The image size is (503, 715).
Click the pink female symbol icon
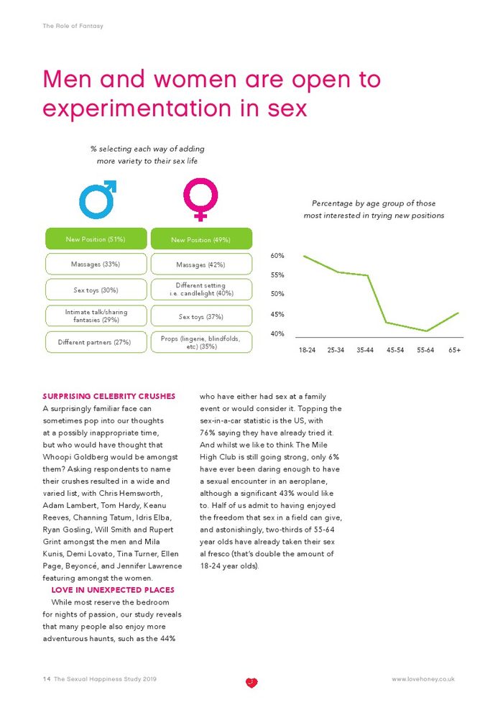point(200,198)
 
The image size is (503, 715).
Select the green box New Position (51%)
point(96,239)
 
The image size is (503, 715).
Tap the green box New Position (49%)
point(201,239)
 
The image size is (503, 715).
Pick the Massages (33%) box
point(96,264)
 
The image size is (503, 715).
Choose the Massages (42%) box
point(201,264)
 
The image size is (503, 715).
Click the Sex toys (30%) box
point(96,290)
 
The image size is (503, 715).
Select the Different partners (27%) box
point(96,342)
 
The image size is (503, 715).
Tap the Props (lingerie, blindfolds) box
point(201,342)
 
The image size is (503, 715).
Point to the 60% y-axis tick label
point(277,256)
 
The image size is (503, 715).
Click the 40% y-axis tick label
point(277,333)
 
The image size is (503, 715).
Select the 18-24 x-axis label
point(307,351)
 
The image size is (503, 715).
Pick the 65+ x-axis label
point(454,351)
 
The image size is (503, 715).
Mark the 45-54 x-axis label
point(394,351)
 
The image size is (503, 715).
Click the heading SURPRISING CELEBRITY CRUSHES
point(109,396)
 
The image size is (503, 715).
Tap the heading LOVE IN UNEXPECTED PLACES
point(113,590)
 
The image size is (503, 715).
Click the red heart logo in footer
point(251,682)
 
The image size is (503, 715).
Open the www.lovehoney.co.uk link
point(423,679)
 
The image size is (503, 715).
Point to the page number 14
point(46,679)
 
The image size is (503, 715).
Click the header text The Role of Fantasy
point(73,26)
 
